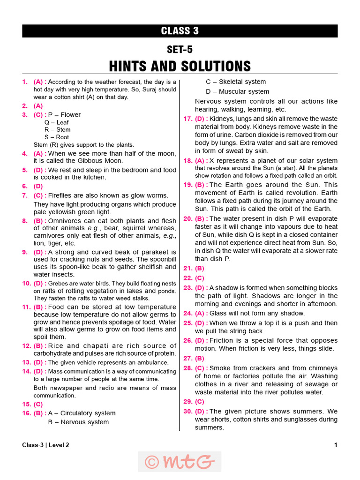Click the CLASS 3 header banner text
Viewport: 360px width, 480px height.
tap(180, 31)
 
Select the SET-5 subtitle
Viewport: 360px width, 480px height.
tap(180, 49)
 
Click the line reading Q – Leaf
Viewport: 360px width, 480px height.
tap(57, 122)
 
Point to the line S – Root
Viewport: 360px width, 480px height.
tap(57, 137)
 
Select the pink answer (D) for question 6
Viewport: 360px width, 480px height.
tap(38, 186)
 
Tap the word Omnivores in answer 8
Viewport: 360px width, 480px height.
tap(64, 221)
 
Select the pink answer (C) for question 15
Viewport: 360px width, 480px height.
tap(38, 404)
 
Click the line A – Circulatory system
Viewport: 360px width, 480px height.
tap(82, 413)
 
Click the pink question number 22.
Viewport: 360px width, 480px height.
tap(187, 278)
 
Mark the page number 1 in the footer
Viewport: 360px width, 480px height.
tap(336, 445)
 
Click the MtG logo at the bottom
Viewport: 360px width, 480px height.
tap(180, 462)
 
